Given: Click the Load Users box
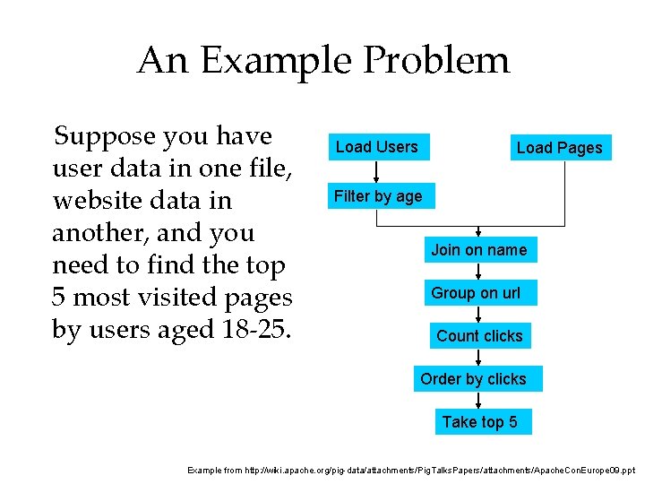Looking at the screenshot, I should pyautogui.click(x=377, y=147).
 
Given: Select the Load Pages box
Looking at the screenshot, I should pyautogui.click(x=560, y=148).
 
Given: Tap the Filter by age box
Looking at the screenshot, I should pyautogui.click(x=378, y=196).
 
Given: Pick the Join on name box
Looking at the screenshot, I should pyautogui.click(x=479, y=249).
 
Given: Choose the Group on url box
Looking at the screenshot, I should pyautogui.click(x=476, y=293).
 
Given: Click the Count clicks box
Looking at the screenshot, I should pyautogui.click(x=479, y=336).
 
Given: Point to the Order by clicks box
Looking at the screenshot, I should pyautogui.click(x=474, y=379).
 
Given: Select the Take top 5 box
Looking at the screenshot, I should pyautogui.click(x=479, y=422).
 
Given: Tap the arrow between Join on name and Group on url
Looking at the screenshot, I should pyautogui.click(x=479, y=271).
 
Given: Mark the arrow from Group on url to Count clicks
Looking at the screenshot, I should pyautogui.click(x=479, y=315).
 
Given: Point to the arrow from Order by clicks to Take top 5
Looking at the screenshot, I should pyautogui.click(x=479, y=401).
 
